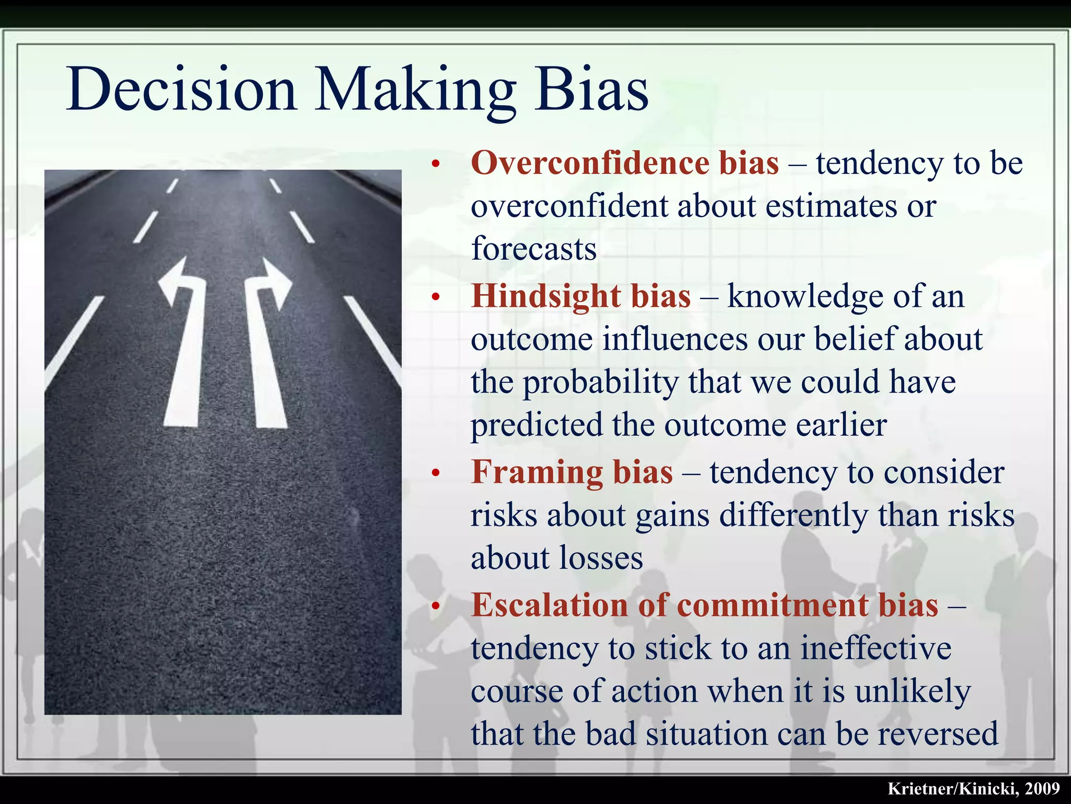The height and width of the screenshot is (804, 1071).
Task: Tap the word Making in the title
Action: (x=415, y=90)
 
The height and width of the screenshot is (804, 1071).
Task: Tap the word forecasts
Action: (x=533, y=249)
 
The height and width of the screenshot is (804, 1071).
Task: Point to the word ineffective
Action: (x=876, y=649)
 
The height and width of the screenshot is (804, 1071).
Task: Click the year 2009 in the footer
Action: (x=1043, y=789)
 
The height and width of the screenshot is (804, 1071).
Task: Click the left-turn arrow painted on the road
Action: (x=183, y=340)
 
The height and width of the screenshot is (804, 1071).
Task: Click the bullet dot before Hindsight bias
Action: (x=436, y=298)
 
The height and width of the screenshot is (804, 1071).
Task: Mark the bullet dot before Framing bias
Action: (x=436, y=474)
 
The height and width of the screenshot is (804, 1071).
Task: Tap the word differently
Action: (x=794, y=516)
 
